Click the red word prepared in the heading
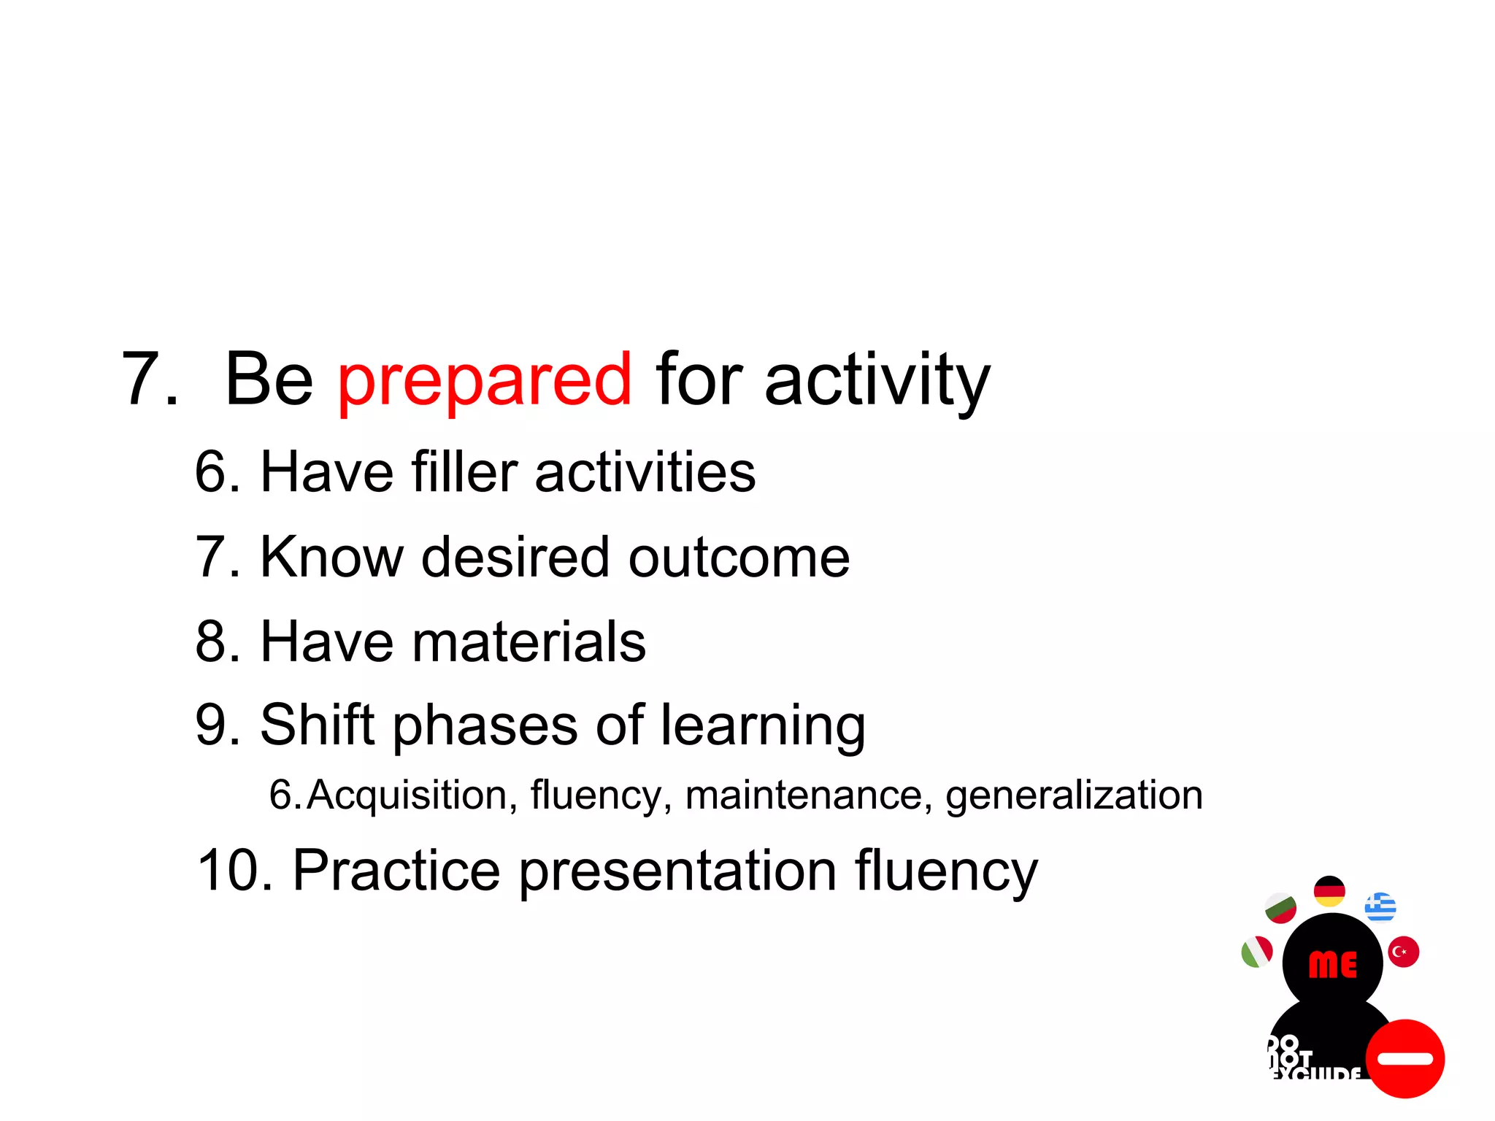pyautogui.click(x=484, y=380)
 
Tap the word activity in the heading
pyautogui.click(x=877, y=380)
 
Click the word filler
pyautogui.click(x=464, y=472)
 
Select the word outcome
pyautogui.click(x=739, y=558)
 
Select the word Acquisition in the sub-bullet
pyautogui.click(x=407, y=795)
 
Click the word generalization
pyautogui.click(x=1074, y=796)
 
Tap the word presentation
pyautogui.click(x=677, y=871)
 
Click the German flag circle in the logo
pyautogui.click(x=1329, y=891)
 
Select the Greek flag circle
pyautogui.click(x=1380, y=907)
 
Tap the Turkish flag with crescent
pyautogui.click(x=1403, y=952)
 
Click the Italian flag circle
pyautogui.click(x=1257, y=952)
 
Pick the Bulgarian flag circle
pyautogui.click(x=1280, y=908)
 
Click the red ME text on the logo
pyautogui.click(x=1333, y=965)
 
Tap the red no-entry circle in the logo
pyautogui.click(x=1404, y=1058)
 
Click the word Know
pyautogui.click(x=331, y=558)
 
